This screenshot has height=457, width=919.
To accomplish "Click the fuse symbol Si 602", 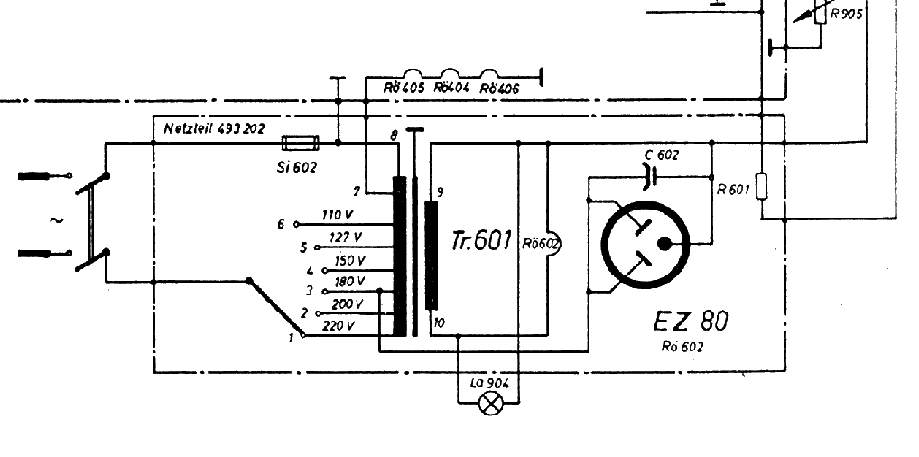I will point(300,143).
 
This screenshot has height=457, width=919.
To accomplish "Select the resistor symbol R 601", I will point(761,187).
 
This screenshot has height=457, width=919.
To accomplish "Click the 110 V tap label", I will point(337,215).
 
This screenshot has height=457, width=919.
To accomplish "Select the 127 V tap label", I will point(344,237).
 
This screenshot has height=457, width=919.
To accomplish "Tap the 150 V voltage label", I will point(349,260).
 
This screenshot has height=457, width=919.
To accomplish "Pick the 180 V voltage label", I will point(348,282).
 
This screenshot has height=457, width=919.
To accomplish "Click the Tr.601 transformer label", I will point(481,241).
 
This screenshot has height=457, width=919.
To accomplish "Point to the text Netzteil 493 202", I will point(214,129).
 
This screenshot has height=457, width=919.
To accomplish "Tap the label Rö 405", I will point(404,89).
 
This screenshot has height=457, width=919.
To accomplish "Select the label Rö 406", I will point(499,89).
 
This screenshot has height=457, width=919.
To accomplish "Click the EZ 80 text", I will point(691,321).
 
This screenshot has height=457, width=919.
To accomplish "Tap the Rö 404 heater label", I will point(451,89).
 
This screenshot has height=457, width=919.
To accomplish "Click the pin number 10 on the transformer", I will point(439,322).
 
